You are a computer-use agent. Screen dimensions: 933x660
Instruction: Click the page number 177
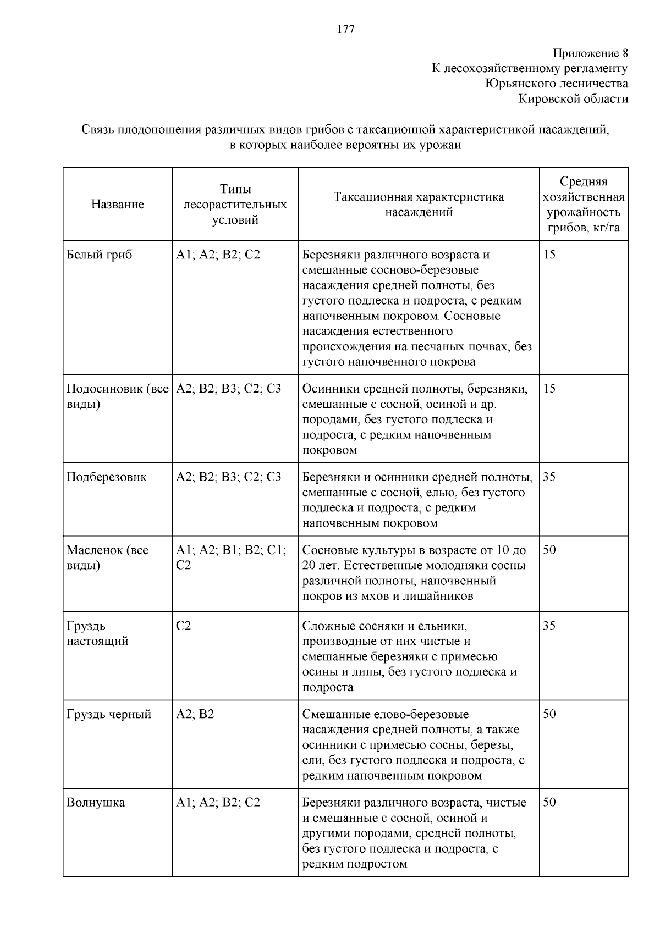coord(345,30)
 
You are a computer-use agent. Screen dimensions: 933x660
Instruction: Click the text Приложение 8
coord(590,53)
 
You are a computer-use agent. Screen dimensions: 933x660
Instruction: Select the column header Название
coord(118,205)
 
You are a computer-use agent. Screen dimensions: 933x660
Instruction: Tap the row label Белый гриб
coord(100,255)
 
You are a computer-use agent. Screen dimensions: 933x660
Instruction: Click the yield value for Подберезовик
coord(549,477)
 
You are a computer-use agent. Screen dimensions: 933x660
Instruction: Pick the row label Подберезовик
coord(107,477)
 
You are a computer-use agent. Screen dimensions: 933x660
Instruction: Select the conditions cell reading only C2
coord(184,626)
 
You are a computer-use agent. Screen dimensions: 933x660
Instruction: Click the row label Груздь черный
coord(109,715)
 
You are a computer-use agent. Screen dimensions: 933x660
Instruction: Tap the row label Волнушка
coord(96,803)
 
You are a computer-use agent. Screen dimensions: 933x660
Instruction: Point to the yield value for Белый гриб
coord(549,255)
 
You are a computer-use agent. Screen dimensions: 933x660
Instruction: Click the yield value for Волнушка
coord(549,803)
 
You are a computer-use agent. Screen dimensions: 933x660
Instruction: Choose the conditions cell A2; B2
coord(195,715)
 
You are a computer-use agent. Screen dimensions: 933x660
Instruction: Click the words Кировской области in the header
coord(573,99)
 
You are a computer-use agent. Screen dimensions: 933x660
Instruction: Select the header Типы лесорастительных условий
coord(235,205)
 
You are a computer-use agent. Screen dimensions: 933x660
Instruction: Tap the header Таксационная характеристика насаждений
coord(419,205)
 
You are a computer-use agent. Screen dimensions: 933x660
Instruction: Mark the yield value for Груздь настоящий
coord(549,626)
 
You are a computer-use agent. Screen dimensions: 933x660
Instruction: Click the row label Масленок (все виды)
coord(108,558)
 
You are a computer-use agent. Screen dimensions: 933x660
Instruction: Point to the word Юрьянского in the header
coord(518,84)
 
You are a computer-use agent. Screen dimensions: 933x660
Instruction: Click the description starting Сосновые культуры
coord(414,573)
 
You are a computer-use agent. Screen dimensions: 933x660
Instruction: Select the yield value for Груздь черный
coord(549,715)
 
